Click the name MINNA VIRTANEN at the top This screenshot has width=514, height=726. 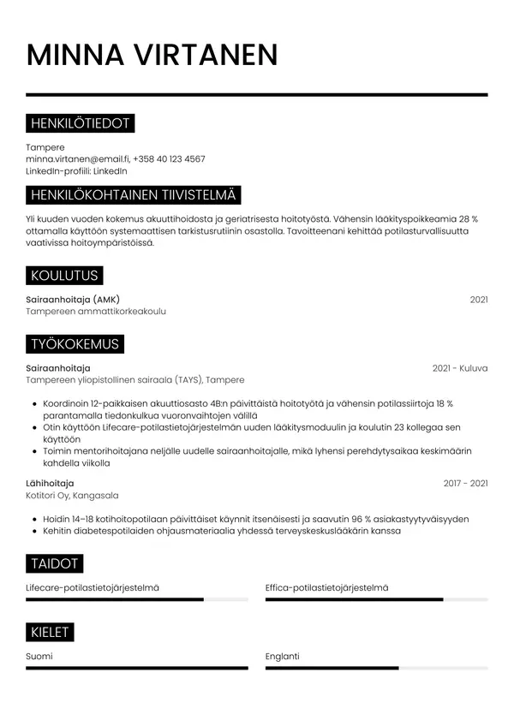click(152, 55)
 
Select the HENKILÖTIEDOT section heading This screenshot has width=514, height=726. click(80, 124)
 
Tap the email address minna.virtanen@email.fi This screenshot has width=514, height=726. click(77, 159)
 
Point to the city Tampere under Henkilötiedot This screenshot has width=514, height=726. click(45, 147)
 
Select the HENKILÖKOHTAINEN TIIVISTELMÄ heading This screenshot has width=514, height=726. click(134, 195)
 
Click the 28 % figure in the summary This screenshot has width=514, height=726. click(469, 219)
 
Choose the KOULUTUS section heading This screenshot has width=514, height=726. click(64, 276)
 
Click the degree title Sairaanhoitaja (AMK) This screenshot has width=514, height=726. click(73, 300)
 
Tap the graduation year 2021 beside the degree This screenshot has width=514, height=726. click(479, 300)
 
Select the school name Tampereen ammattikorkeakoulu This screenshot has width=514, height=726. click(96, 312)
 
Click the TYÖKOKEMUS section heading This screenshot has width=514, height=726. click(75, 345)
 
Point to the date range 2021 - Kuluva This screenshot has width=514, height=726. click(460, 368)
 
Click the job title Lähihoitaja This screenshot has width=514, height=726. click(50, 484)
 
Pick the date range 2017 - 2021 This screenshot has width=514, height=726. click(465, 484)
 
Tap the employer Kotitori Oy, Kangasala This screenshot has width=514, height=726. click(73, 496)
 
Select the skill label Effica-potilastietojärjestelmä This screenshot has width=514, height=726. click(326, 588)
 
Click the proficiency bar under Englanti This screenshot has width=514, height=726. click(377, 668)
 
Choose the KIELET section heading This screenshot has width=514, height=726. click(50, 633)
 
